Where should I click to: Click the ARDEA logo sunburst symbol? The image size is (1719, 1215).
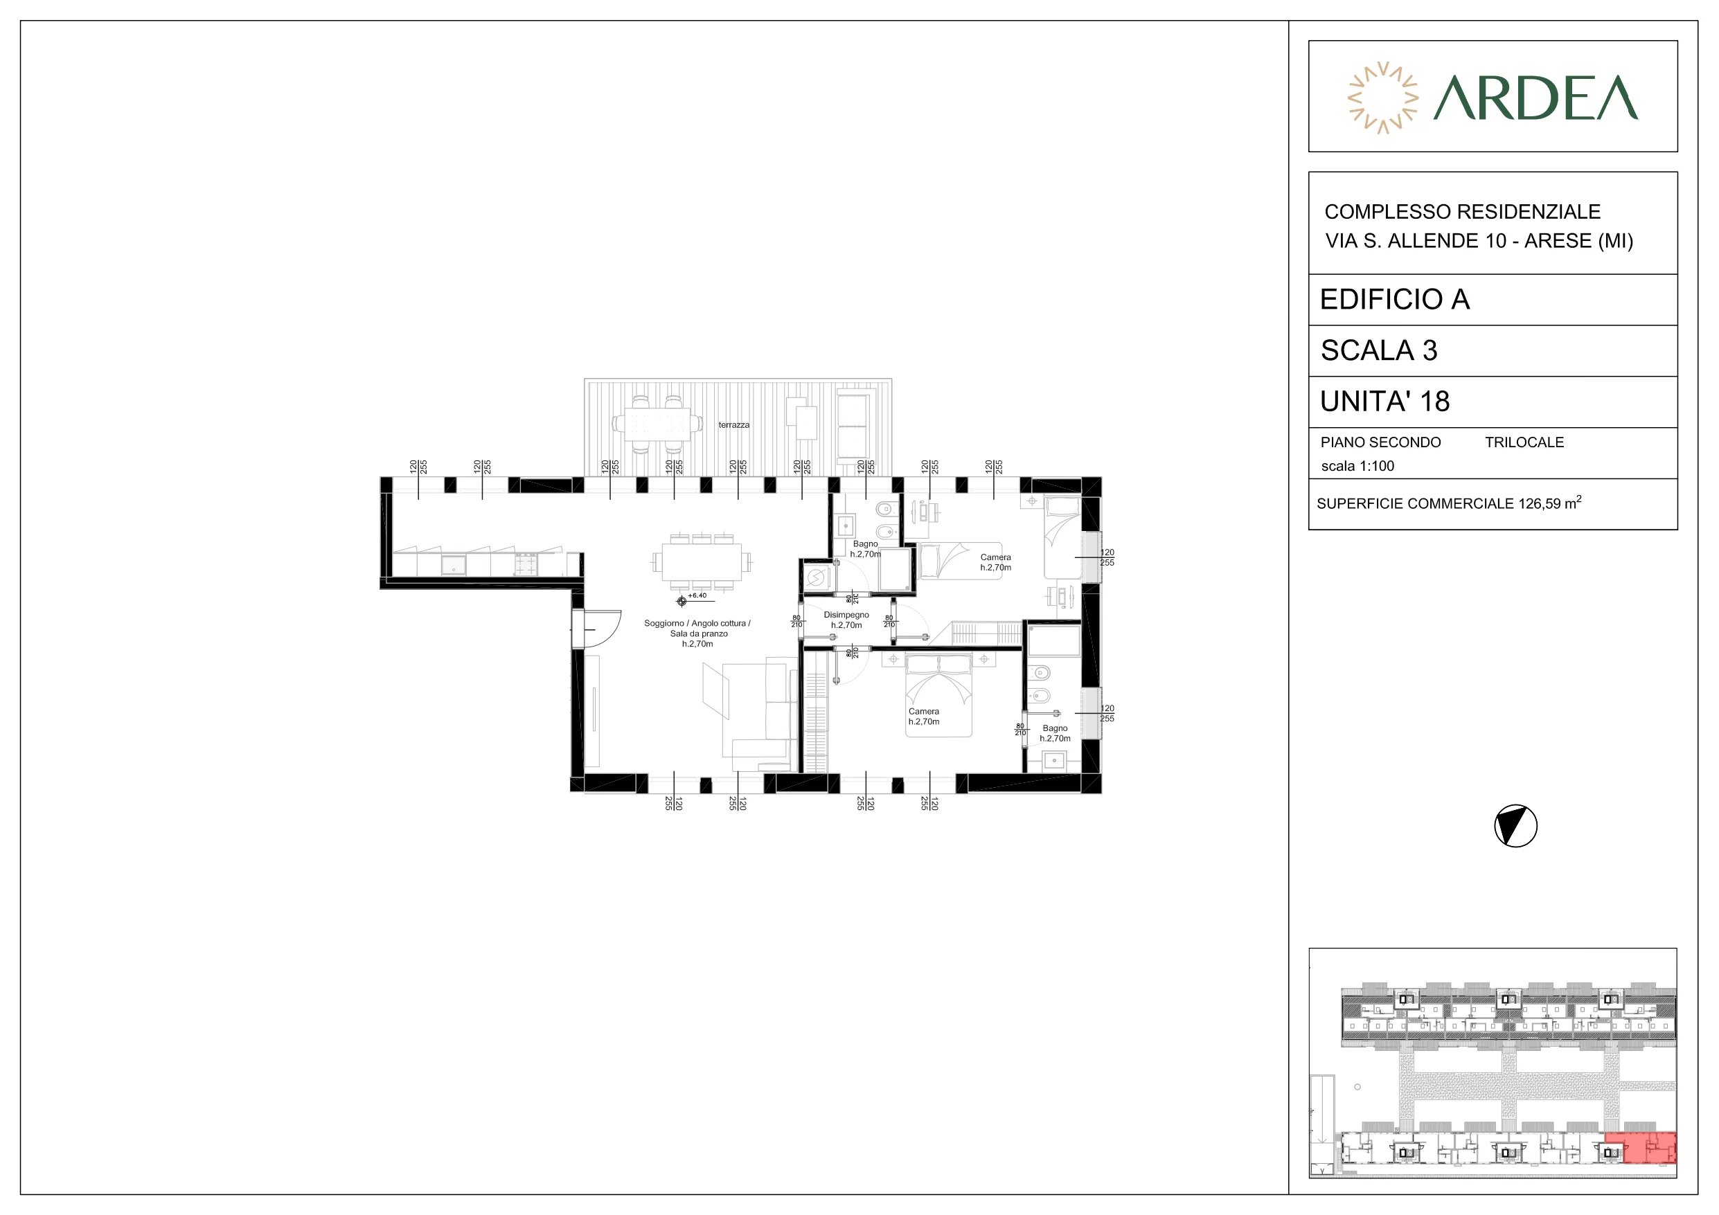(1383, 98)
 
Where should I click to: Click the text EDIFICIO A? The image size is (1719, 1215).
(1395, 300)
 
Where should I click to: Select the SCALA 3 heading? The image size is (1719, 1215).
(1379, 350)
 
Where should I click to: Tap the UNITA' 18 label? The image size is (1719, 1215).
(1385, 402)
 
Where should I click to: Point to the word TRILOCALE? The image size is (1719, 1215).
(1524, 442)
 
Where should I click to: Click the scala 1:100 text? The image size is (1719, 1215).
(1357, 466)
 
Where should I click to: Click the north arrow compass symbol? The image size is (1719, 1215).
(1516, 827)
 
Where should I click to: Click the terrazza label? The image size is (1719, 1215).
(733, 425)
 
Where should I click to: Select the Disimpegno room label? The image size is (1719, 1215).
(847, 615)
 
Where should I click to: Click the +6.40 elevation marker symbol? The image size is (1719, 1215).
(682, 600)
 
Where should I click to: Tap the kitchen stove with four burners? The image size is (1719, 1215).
(526, 564)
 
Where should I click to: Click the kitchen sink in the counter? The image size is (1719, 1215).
(454, 564)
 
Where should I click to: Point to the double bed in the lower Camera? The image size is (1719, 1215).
(938, 694)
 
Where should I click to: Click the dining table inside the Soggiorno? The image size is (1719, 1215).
(702, 561)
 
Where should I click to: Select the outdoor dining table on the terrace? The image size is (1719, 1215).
(657, 424)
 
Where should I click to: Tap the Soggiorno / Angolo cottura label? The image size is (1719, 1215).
(697, 624)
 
